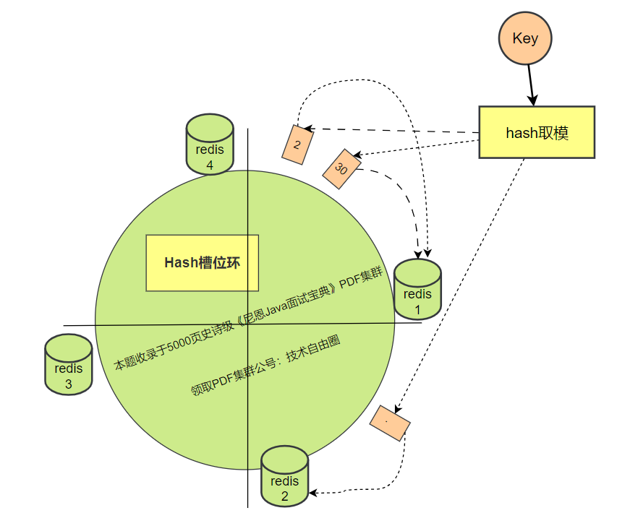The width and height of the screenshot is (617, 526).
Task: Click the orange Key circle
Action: coord(525,39)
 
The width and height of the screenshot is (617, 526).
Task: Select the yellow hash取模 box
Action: coord(536,132)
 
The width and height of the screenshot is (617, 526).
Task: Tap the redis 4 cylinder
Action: coord(210,144)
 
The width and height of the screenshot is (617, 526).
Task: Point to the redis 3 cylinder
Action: coord(69,365)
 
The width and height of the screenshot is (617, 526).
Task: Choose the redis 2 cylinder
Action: coord(284,476)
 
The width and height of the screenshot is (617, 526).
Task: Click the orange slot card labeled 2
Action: coord(297,143)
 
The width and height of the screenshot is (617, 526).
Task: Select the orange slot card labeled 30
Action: coord(341,169)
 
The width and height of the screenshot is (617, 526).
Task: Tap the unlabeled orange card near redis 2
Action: coord(390,423)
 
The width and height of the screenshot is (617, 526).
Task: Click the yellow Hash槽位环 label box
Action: coord(202,263)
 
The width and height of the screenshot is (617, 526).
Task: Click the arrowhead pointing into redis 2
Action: coord(314,493)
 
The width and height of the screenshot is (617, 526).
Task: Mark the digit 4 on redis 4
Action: coord(210,165)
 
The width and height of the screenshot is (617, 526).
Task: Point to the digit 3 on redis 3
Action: coord(69,384)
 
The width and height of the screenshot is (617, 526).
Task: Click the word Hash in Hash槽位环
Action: coord(180,263)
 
